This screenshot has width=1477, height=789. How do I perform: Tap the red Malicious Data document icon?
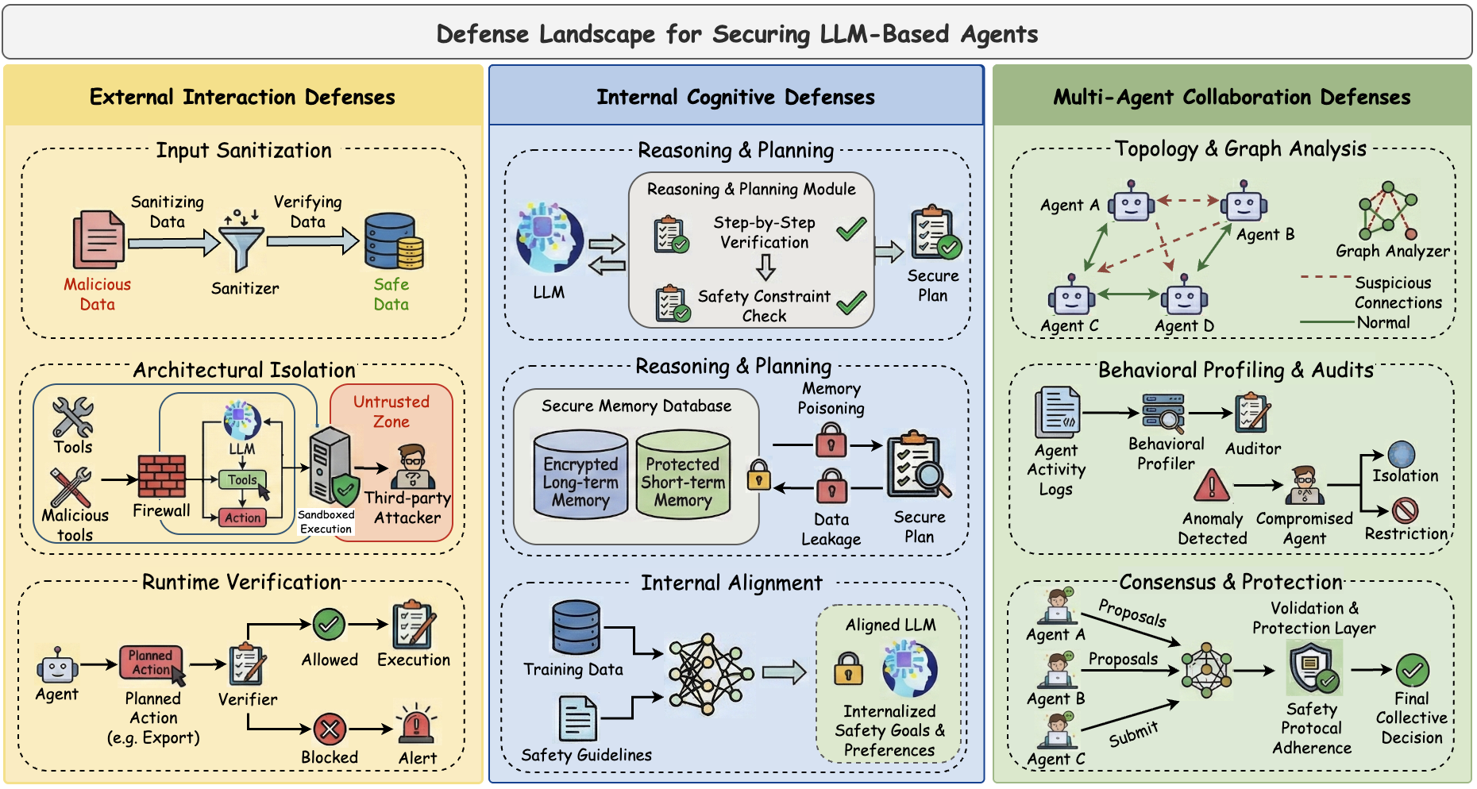98,240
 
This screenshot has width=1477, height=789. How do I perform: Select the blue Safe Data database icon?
393,241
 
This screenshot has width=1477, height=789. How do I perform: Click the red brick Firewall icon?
162,476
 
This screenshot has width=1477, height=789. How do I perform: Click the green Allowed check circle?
329,625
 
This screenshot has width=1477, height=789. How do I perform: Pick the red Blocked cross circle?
330,729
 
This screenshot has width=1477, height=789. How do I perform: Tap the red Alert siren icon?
415,725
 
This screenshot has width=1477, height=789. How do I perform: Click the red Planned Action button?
151,662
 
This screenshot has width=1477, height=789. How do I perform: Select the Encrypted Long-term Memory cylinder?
580,474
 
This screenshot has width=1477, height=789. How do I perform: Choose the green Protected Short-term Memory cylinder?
683,474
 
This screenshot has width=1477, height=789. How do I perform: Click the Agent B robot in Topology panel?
1244,203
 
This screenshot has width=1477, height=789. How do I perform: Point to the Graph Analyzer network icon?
1387,210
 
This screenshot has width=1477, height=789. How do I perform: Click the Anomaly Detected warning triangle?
1212,486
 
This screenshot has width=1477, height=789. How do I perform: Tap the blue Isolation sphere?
1402,455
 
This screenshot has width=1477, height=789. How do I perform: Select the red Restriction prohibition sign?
1405,510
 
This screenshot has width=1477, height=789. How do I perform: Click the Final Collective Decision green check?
1413,671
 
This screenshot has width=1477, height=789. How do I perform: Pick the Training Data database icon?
576,627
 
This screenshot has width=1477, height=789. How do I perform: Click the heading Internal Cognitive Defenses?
735,97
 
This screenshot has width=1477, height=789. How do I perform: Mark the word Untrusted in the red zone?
391,402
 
